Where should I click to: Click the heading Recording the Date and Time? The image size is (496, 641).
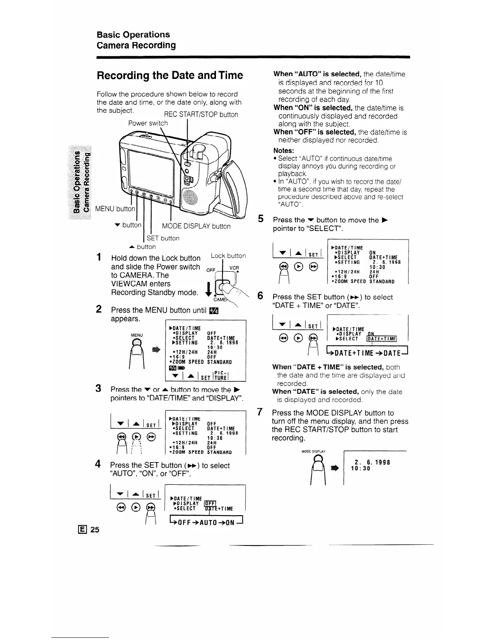tap(170, 76)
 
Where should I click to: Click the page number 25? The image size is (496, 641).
tap(95, 529)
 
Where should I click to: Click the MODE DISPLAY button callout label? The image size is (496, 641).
tap(196, 226)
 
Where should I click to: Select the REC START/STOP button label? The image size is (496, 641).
tap(201, 115)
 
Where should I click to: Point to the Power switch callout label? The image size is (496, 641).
tap(148, 123)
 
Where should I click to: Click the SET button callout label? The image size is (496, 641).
tap(163, 238)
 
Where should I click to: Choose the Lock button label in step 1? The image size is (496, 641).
tap(228, 256)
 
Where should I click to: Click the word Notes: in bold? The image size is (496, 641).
tap(284, 151)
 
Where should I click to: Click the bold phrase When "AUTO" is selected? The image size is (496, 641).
tap(317, 74)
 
